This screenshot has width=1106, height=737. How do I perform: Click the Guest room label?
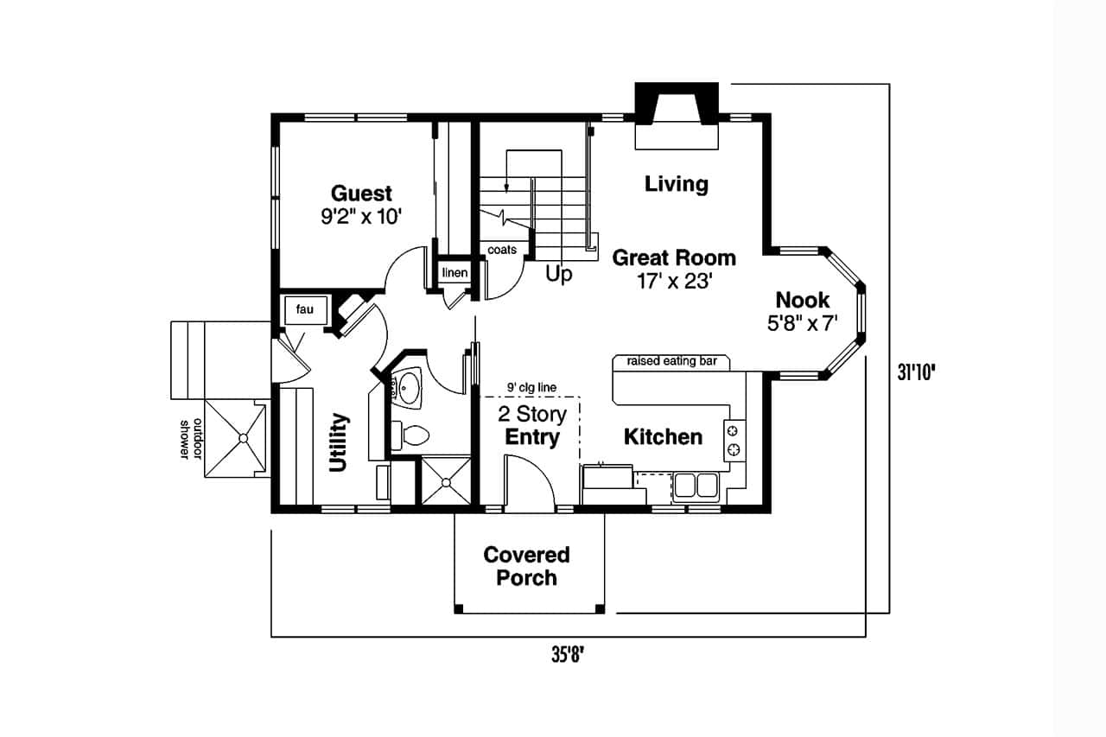click(x=361, y=194)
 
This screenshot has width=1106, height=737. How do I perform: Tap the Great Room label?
click(x=674, y=257)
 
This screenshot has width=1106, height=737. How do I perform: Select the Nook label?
click(x=802, y=301)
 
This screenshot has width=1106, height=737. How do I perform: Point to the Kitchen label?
click(x=663, y=437)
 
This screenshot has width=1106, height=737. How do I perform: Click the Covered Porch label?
click(x=526, y=566)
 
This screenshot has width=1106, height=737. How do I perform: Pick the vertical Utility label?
click(x=339, y=442)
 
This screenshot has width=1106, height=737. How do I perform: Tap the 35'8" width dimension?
click(x=569, y=655)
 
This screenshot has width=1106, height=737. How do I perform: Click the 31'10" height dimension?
click(x=917, y=372)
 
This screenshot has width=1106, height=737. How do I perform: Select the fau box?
click(x=304, y=309)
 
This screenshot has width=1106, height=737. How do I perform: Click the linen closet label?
click(x=454, y=273)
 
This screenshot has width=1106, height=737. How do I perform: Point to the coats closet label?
click(x=502, y=250)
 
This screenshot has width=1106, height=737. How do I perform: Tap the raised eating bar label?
click(x=671, y=361)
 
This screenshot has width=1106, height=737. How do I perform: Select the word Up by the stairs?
click(x=559, y=275)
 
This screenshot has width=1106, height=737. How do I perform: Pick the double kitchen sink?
click(x=696, y=486)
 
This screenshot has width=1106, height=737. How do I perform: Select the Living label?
click(x=677, y=183)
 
